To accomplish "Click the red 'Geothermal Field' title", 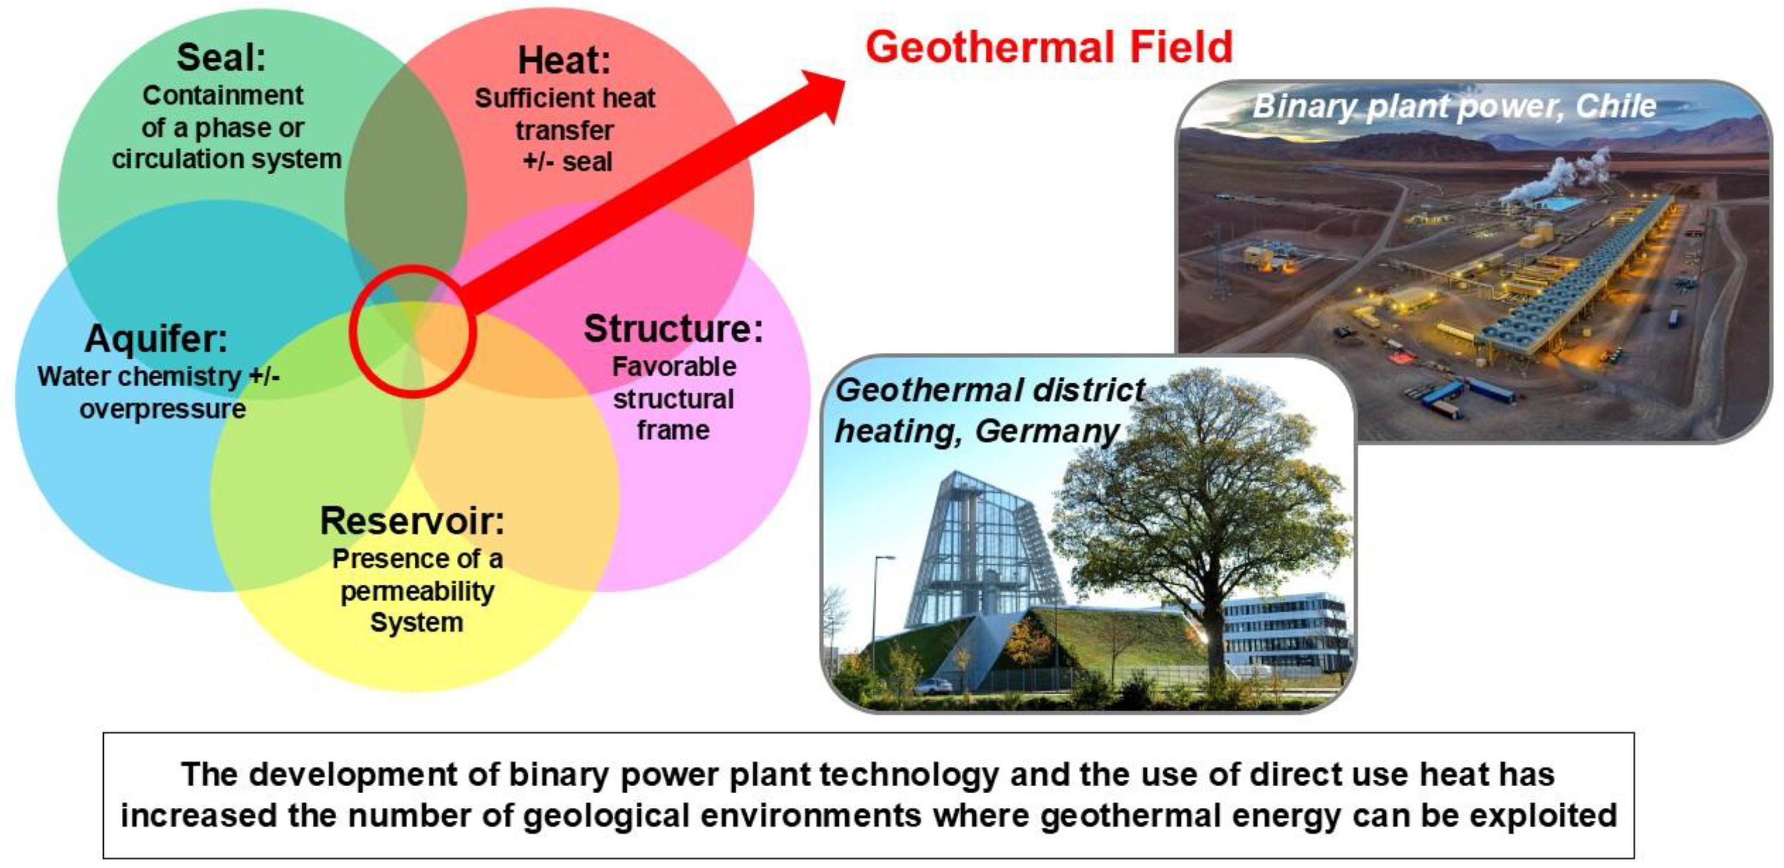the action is click(1049, 47).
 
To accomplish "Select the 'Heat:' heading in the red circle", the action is click(565, 60).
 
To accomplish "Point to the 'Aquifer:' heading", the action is click(156, 339).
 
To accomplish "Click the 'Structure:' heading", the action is click(673, 328).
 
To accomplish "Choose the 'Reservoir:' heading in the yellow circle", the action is click(413, 521).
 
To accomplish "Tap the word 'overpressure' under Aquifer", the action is click(163, 409).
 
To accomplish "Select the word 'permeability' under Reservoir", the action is click(418, 592).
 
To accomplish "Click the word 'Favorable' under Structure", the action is click(674, 367).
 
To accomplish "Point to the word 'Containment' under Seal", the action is click(223, 95).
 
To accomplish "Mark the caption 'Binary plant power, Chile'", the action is click(1454, 107).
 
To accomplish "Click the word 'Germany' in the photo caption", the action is click(1047, 432).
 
